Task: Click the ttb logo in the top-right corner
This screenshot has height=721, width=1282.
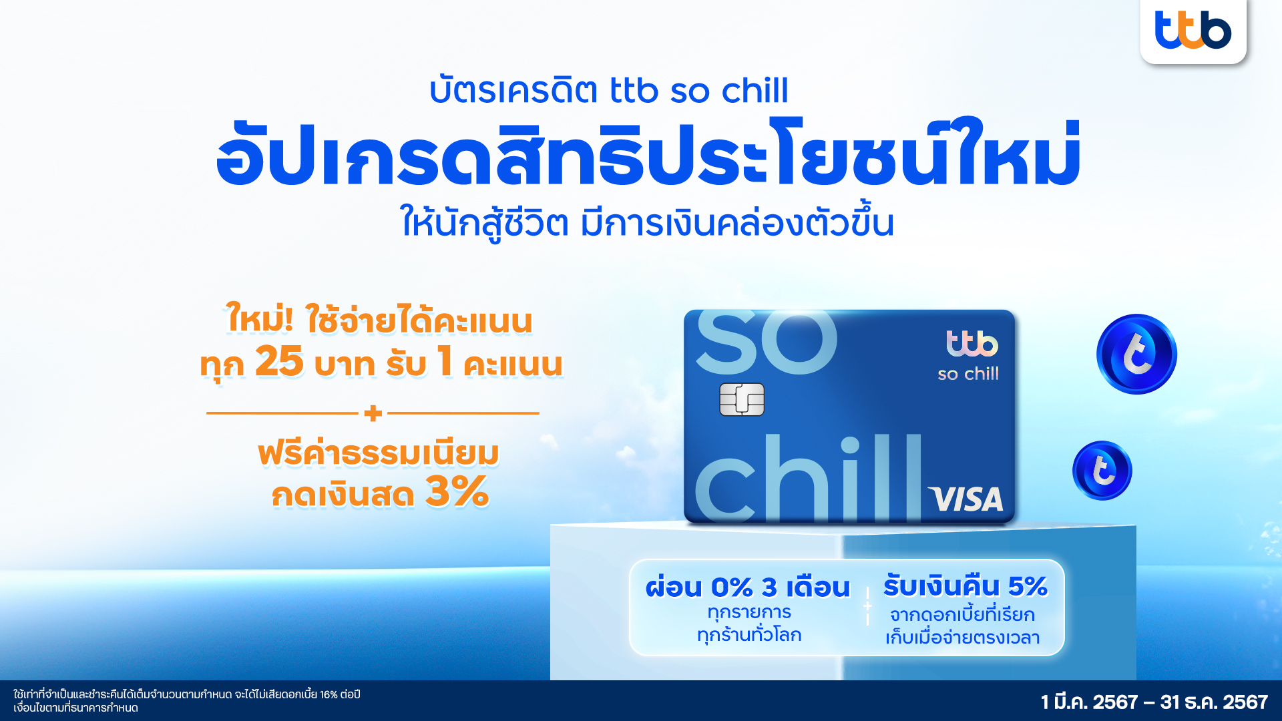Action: pos(1193,30)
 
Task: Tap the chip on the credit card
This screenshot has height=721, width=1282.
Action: pos(742,399)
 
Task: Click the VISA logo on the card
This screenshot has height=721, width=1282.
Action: pos(966,499)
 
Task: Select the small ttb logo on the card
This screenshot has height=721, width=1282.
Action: pos(972,344)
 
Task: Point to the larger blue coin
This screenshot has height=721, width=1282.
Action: pos(1136,354)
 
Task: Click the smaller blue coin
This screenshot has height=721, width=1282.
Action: pos(1102,471)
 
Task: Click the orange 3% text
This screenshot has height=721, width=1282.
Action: pos(457,492)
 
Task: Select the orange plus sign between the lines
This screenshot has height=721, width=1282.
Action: pos(373,413)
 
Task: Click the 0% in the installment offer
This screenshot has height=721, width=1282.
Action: pos(732,587)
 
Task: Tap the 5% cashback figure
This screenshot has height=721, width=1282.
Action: pos(1028,586)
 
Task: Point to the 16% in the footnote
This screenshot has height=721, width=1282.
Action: pos(329,694)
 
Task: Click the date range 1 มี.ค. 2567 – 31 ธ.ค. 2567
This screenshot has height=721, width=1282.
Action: pos(1154,702)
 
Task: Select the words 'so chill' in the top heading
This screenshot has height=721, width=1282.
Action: pos(729,91)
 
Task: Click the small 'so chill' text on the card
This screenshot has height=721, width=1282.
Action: pos(968,374)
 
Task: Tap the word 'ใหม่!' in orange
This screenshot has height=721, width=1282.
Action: pos(259,318)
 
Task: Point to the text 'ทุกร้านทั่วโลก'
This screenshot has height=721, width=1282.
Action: pos(749,634)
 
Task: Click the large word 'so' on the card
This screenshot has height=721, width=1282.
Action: pos(766,341)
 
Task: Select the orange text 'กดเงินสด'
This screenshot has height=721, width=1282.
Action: pos(343,495)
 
